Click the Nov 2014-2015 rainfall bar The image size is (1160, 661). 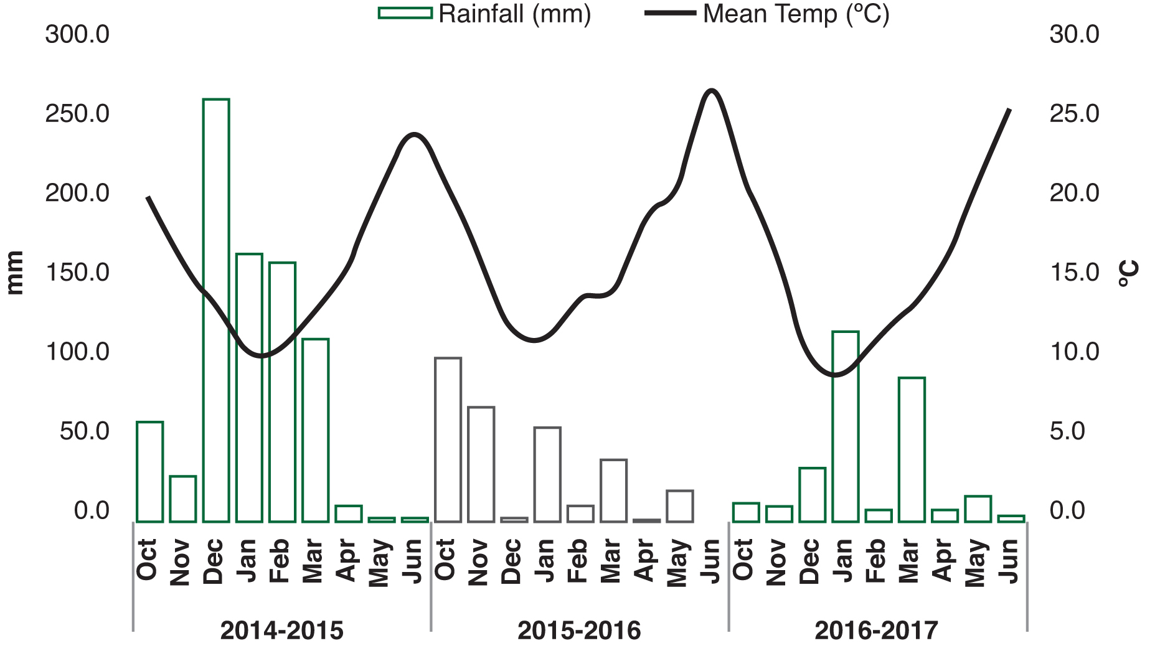183,499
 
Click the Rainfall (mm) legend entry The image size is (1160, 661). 484,14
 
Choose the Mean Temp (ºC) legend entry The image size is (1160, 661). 767,14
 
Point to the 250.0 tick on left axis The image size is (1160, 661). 77,114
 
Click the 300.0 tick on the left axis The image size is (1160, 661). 77,34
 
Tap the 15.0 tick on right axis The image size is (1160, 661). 1074,273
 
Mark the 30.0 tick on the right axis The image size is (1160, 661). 1074,34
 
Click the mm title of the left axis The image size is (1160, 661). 14,273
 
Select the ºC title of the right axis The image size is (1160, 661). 1128,273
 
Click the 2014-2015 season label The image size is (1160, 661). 281,631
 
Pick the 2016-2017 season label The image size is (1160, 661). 876,631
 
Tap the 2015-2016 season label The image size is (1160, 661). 579,631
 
